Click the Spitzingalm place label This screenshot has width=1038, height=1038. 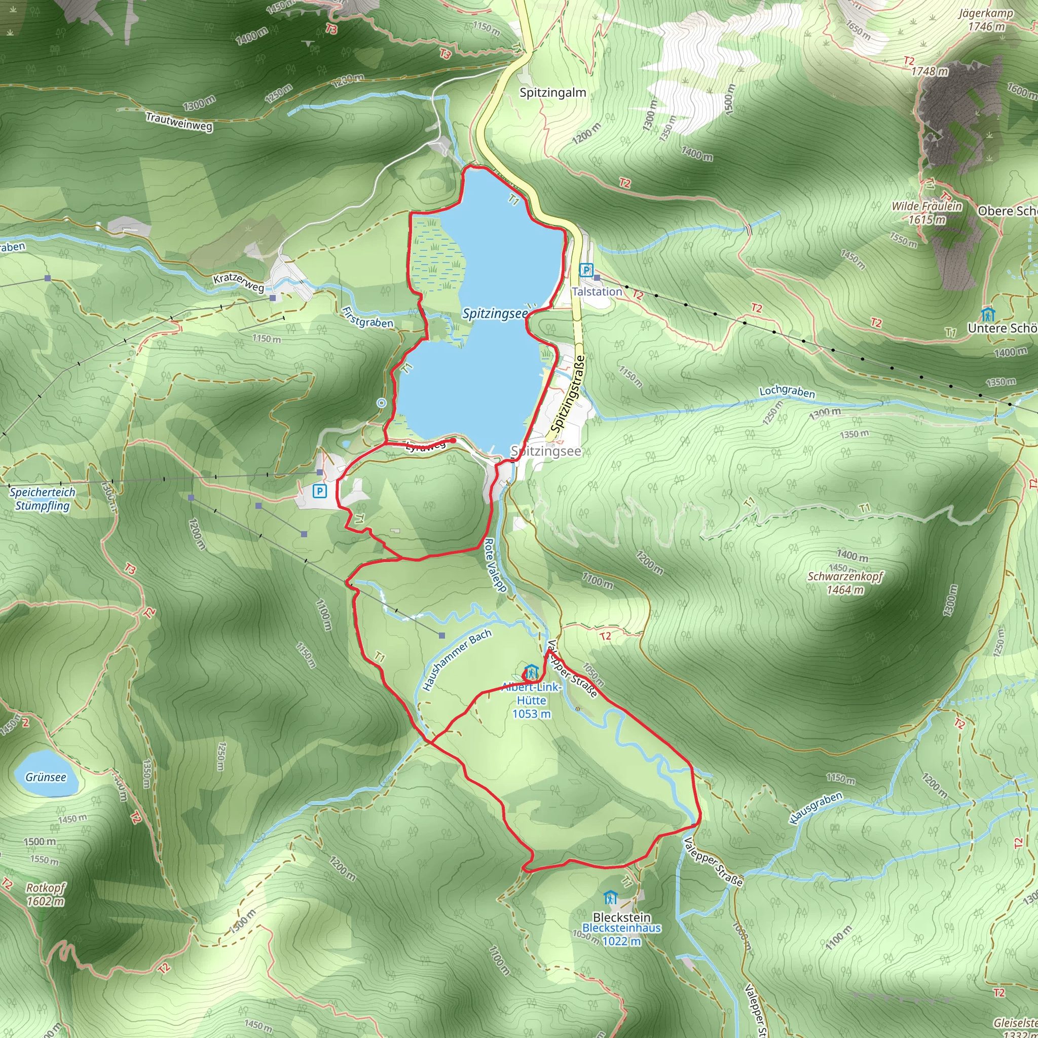pyautogui.click(x=552, y=92)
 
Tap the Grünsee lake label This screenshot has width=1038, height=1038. pyautogui.click(x=46, y=777)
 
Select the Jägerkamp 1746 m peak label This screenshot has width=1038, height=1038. pyautogui.click(x=986, y=20)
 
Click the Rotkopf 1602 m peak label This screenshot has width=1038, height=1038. pyautogui.click(x=46, y=895)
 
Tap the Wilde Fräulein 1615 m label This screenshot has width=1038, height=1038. pyautogui.click(x=927, y=213)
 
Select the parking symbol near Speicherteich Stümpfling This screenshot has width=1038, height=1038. pyautogui.click(x=320, y=491)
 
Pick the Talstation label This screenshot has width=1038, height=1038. pyautogui.click(x=597, y=292)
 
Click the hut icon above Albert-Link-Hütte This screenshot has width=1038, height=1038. pyautogui.click(x=531, y=672)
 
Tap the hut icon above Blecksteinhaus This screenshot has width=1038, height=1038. pyautogui.click(x=609, y=897)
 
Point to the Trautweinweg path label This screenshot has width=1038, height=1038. pyautogui.click(x=179, y=122)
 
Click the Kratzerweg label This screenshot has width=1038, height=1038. pyautogui.click(x=239, y=283)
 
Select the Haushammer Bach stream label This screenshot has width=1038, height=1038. pyautogui.click(x=457, y=660)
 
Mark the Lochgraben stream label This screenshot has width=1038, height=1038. pyautogui.click(x=787, y=392)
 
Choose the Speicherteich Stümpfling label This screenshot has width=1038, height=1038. pyautogui.click(x=43, y=499)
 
